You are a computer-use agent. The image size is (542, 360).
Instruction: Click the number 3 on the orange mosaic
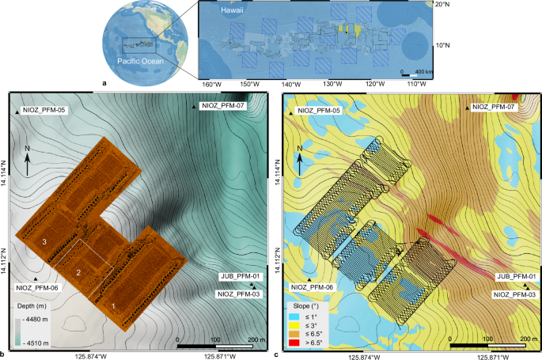(46, 241)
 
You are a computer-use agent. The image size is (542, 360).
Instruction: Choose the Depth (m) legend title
(29, 304)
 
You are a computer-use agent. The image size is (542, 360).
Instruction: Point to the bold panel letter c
(275, 354)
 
